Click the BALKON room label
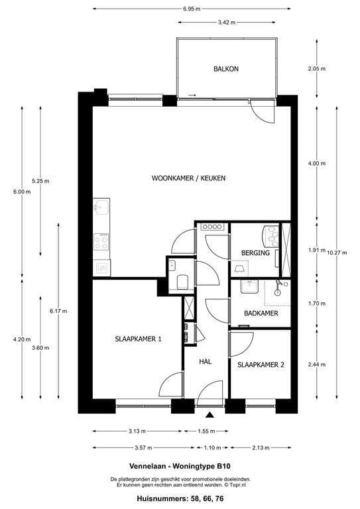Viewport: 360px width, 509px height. pyautogui.click(x=225, y=69)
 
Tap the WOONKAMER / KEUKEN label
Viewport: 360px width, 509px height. pyautogui.click(x=189, y=178)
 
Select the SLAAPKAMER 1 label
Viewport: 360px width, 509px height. pyautogui.click(x=137, y=339)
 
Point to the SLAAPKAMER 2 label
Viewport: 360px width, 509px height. pyautogui.click(x=261, y=365)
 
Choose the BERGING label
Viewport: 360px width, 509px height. pyautogui.click(x=255, y=253)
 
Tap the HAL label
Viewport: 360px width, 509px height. pyautogui.click(x=206, y=362)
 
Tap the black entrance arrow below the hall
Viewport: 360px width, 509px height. pyautogui.click(x=210, y=415)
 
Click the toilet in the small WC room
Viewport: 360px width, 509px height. pyautogui.click(x=182, y=282)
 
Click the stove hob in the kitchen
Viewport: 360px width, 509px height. pyautogui.click(x=101, y=241)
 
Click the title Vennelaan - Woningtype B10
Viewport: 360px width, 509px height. pyautogui.click(x=180, y=466)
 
